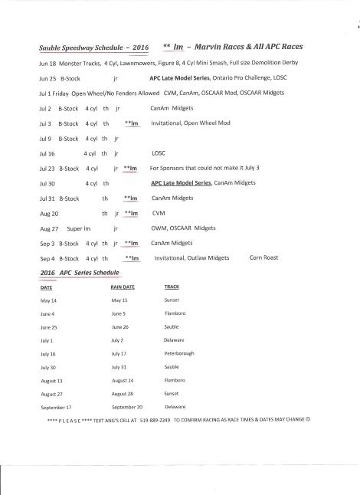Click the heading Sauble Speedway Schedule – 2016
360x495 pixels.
point(94,47)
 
